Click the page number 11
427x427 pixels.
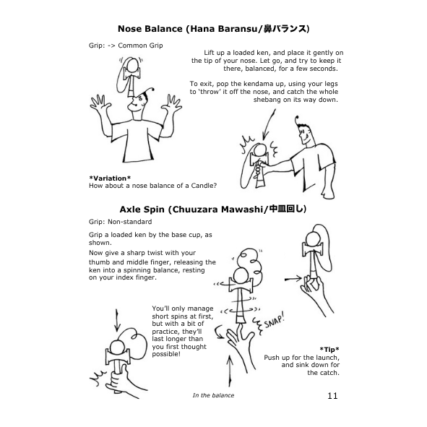[x=332, y=395]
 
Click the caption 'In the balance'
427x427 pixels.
[x=213, y=395]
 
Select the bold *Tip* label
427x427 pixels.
[x=329, y=350]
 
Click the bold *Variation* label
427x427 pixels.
[x=110, y=178]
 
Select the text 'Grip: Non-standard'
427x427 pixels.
[x=120, y=222]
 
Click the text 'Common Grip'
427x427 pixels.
[x=140, y=46]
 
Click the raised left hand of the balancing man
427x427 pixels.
[x=98, y=104]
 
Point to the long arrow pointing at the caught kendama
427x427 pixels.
[x=269, y=124]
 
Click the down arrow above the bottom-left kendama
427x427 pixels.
[x=117, y=321]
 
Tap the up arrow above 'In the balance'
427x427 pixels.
[x=230, y=371]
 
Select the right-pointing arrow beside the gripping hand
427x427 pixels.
[x=293, y=279]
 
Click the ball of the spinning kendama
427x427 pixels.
[x=240, y=275]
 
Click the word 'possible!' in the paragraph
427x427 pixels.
[x=166, y=354]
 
